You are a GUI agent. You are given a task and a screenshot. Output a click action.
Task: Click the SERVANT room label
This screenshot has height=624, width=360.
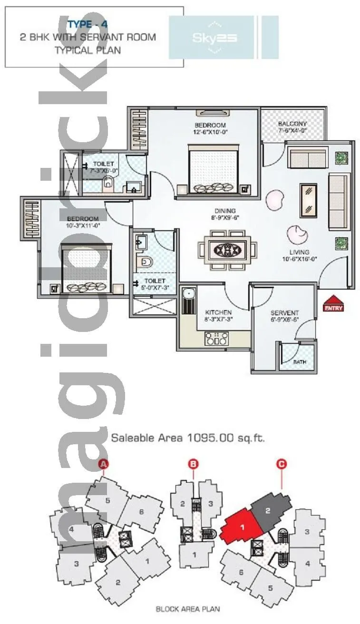tap(284, 312)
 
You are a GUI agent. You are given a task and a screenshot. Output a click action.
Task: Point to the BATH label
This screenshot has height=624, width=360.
tap(300, 362)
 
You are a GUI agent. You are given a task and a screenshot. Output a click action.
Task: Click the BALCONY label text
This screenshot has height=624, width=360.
tap(292, 125)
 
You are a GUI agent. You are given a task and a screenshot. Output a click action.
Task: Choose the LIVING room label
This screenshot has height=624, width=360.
tap(298, 252)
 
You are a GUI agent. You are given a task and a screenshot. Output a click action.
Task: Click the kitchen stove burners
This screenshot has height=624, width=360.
tap(216, 339)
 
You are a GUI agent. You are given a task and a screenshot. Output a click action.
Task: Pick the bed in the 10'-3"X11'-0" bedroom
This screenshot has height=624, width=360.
tap(87, 269)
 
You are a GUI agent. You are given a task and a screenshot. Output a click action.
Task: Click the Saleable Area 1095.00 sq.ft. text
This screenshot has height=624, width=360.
tap(187, 438)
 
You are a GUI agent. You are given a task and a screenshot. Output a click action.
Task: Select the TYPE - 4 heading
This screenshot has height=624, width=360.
tap(87, 24)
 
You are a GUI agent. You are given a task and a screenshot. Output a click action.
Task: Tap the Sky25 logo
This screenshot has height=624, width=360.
tap(214, 38)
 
